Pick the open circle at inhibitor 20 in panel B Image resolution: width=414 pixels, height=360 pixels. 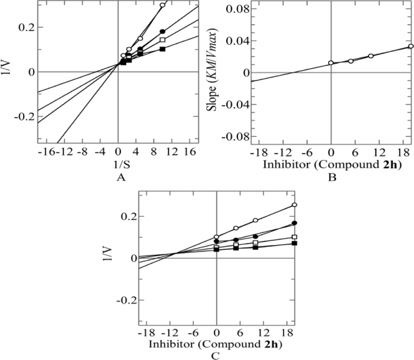[410, 46]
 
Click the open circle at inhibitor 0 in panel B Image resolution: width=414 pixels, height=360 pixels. [331, 62]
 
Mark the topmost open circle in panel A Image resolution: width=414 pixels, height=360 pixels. [163, 5]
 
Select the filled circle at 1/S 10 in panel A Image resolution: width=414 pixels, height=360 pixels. [163, 31]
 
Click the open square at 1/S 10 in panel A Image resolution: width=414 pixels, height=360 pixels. [163, 40]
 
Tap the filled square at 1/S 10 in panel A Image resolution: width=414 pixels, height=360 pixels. [163, 49]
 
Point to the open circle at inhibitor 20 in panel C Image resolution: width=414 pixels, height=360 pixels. [294, 205]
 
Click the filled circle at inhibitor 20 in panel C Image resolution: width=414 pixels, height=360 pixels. [294, 223]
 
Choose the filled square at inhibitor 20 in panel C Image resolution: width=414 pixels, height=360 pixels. [294, 243]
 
